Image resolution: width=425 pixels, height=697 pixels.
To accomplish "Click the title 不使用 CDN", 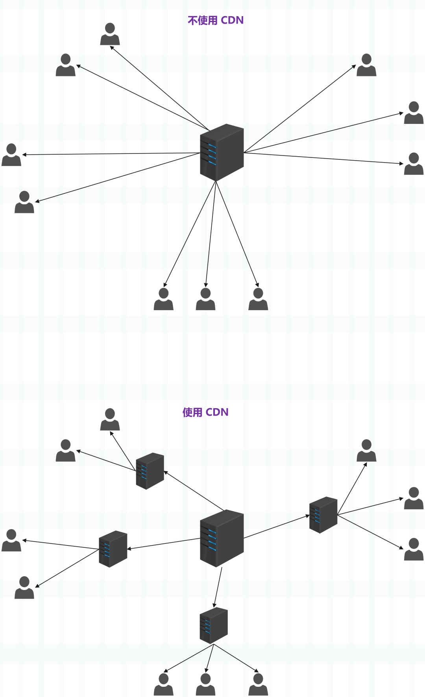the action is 216,20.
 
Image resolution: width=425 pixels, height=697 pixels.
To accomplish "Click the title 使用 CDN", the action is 205,412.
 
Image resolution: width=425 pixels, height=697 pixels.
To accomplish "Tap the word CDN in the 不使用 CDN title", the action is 232,20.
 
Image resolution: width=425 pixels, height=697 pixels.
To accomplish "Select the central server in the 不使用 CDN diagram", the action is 222,153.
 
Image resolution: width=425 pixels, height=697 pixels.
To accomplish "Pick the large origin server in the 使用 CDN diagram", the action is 222,538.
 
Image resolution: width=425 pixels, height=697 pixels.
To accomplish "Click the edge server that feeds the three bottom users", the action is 214,626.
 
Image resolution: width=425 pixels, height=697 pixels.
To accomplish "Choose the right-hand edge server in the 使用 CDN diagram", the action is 323,515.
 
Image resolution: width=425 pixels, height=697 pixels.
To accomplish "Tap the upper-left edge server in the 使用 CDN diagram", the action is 150,471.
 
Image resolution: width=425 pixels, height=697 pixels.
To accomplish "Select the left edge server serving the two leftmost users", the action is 113,549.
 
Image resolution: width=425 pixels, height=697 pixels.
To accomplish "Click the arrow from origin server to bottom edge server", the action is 218,587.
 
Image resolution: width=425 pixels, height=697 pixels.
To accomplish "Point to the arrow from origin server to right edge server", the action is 277,527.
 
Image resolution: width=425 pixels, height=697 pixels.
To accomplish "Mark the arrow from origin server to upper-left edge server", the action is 194,491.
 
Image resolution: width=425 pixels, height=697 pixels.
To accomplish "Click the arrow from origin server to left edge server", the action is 164,544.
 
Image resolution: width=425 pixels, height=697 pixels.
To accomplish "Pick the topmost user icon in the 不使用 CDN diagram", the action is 110,34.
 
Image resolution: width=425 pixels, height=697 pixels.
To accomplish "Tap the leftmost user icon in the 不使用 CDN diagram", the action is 11,155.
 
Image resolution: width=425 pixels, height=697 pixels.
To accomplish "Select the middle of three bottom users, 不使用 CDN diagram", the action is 205,299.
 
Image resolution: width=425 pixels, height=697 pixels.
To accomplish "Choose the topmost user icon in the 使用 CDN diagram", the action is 110,419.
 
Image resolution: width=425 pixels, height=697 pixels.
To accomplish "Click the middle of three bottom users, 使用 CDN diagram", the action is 205,684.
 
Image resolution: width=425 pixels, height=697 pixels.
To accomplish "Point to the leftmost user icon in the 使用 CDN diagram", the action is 11,540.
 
